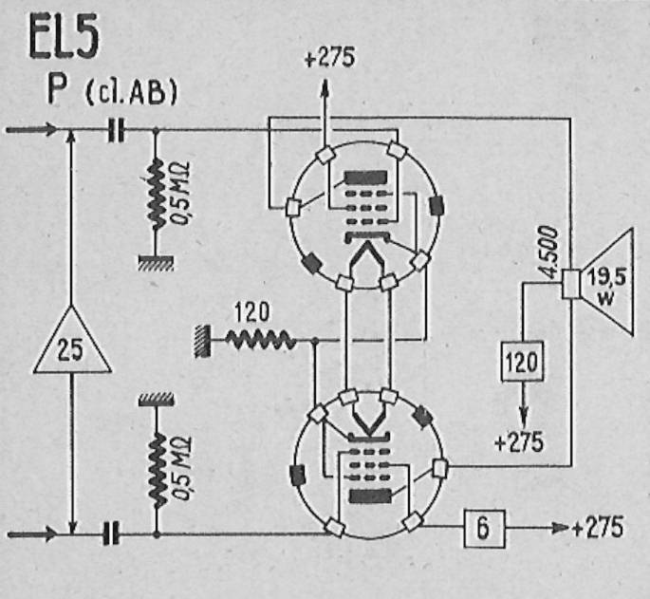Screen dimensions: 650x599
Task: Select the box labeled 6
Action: pos(484,529)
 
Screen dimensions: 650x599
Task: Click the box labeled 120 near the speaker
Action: pos(522,361)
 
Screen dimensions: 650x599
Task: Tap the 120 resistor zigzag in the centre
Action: pos(260,339)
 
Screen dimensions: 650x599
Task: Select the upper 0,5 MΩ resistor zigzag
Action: pos(157,194)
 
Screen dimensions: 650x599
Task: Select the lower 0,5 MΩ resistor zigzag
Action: pos(157,471)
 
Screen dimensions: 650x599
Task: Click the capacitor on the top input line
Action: pos(115,130)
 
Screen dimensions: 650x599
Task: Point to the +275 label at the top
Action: pos(330,57)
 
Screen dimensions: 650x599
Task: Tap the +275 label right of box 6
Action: pos(598,527)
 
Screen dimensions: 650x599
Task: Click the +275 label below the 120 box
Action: pos(519,441)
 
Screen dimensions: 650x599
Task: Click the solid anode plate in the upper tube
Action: pos(366,178)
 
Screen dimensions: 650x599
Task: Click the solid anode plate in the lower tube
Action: pos(370,496)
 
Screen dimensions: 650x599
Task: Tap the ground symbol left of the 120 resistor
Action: pos(202,341)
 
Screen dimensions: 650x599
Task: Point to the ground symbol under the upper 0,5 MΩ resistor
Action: pos(156,263)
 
